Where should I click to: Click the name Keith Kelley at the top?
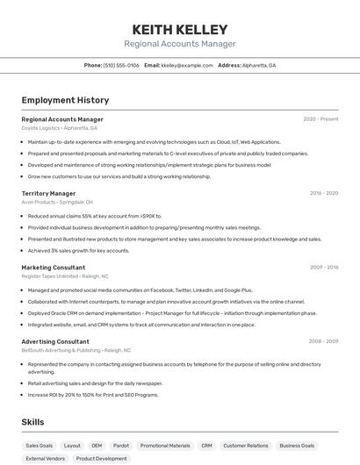point(179,30)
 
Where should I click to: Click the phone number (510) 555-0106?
point(121,65)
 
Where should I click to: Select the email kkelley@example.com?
point(187,65)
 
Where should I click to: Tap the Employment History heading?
point(65,100)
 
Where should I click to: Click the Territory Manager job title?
point(48,193)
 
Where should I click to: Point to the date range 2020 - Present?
point(320,119)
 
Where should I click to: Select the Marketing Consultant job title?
point(54,268)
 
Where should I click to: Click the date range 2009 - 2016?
point(323,268)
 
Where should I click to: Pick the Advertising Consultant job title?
point(55,341)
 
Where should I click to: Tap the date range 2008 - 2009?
point(323,341)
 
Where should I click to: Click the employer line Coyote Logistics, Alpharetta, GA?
point(60,128)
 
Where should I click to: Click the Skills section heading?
point(33,422)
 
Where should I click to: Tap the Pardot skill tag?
point(121,446)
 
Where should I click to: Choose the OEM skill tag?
point(97,446)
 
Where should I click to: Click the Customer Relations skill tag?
point(246,446)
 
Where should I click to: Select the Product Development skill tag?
point(101,458)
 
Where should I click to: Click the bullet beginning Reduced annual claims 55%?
point(95,216)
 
